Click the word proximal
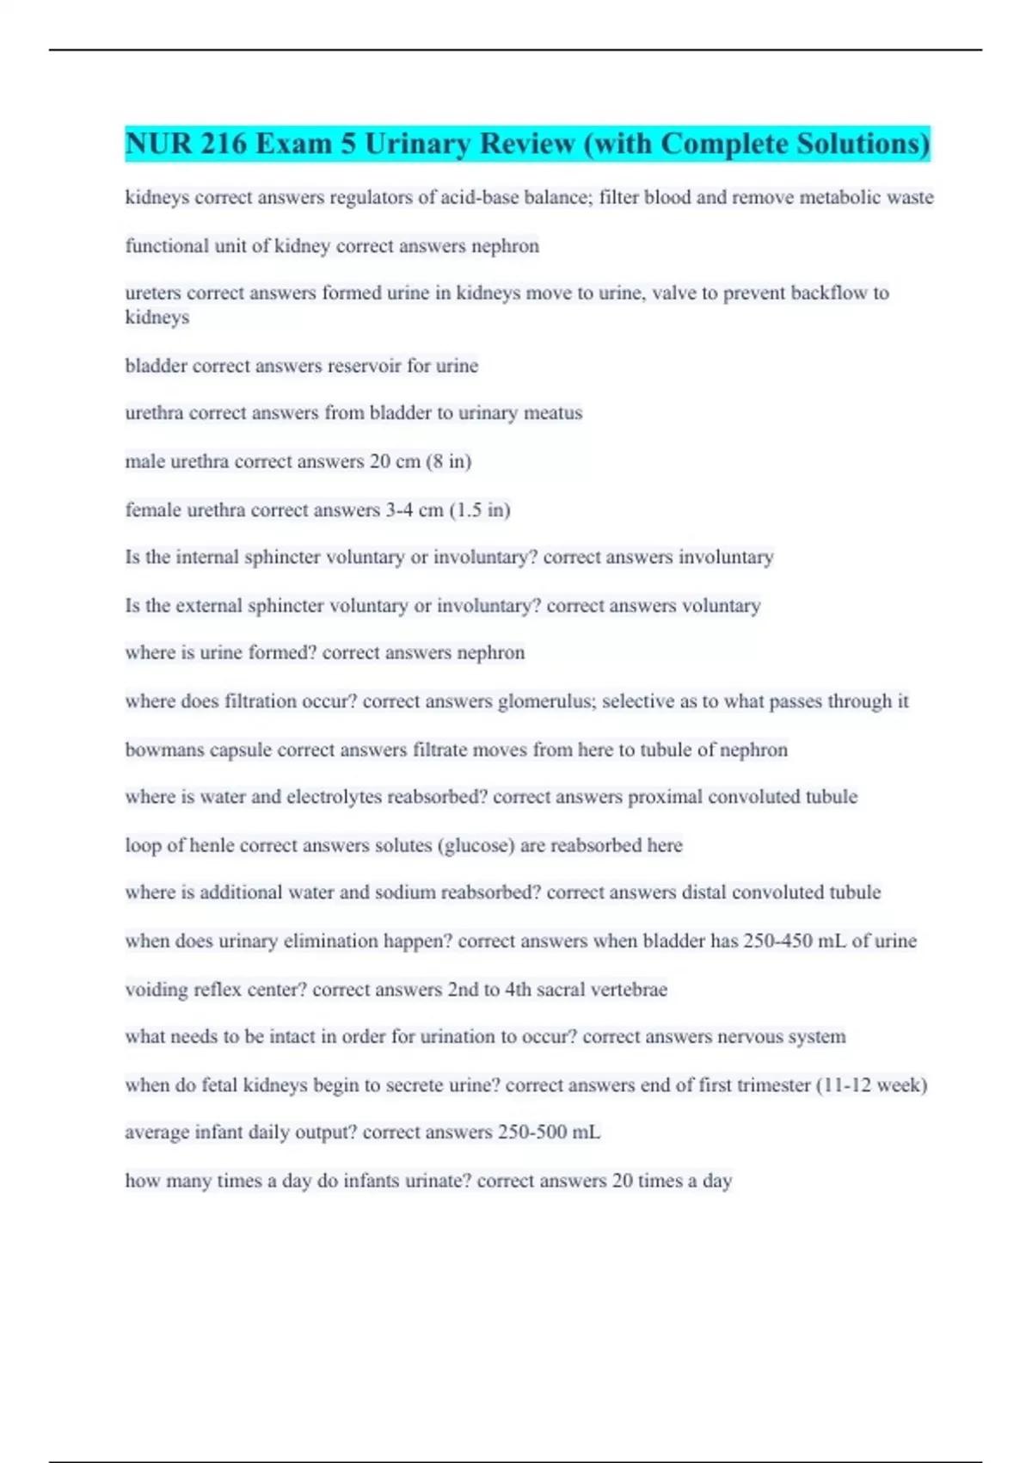[665, 797]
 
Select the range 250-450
[777, 941]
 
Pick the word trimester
[772, 1085]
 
